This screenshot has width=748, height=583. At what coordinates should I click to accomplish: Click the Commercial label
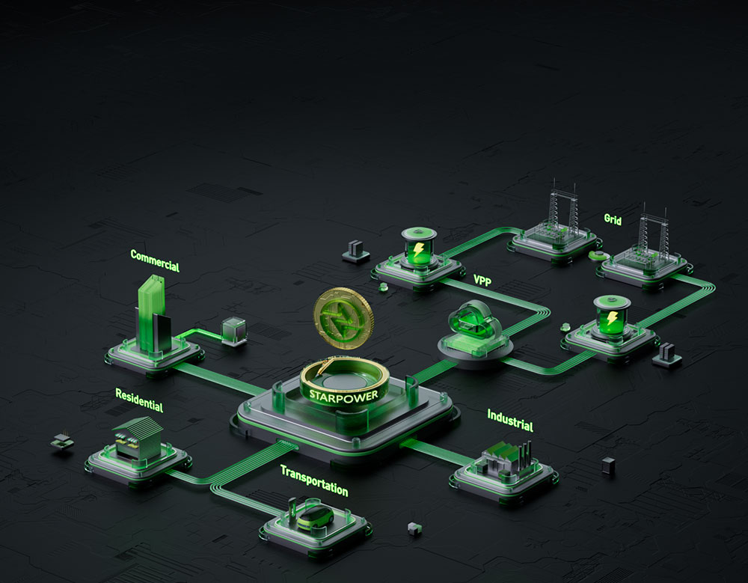tap(155, 260)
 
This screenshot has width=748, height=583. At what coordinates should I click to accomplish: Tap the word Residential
tap(139, 400)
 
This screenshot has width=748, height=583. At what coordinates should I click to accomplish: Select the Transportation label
tap(314, 480)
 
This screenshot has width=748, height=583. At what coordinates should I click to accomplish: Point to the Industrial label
tap(510, 421)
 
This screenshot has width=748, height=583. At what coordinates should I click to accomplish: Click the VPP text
tap(482, 281)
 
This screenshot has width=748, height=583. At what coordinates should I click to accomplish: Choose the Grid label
tap(613, 219)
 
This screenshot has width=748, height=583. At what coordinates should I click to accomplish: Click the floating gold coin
tap(343, 318)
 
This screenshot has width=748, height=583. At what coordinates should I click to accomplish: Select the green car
tap(316, 518)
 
